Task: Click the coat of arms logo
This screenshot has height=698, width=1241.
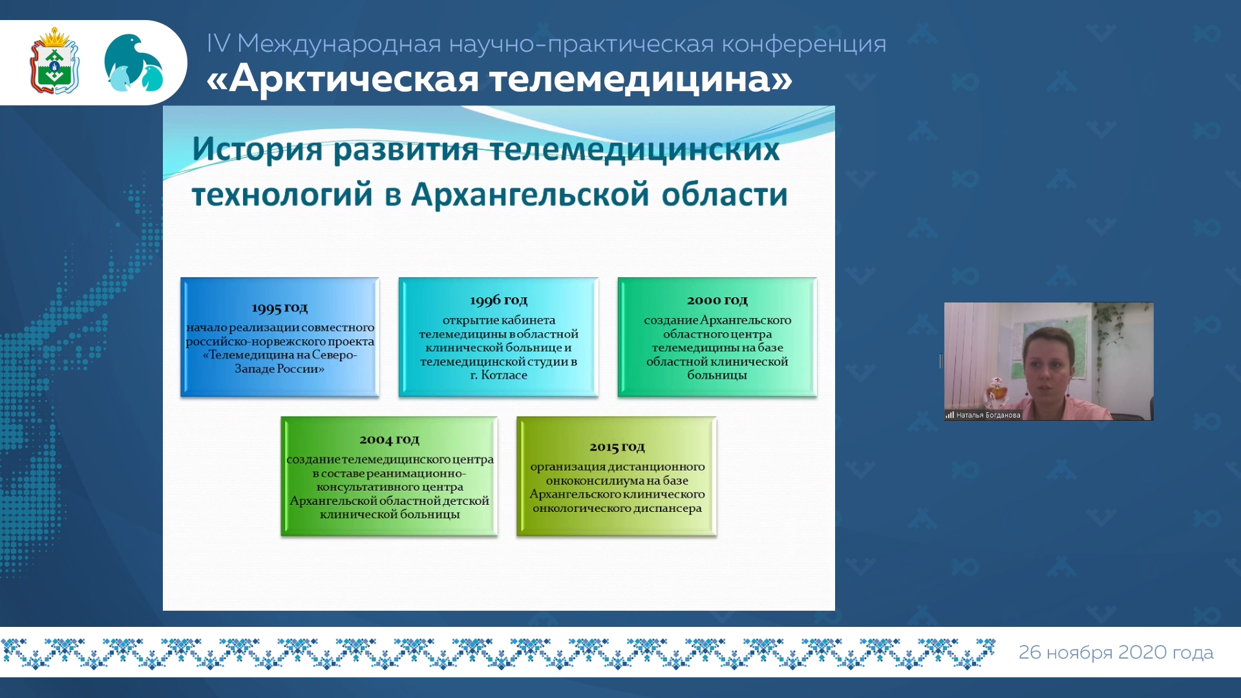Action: (x=54, y=61)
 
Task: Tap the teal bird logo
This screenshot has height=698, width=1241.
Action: (x=134, y=63)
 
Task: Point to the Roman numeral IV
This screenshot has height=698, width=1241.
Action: (x=218, y=43)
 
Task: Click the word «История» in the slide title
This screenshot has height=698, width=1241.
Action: (x=257, y=150)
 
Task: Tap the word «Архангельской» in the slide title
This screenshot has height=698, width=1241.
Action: (x=530, y=195)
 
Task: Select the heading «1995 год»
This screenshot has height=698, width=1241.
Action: (x=280, y=308)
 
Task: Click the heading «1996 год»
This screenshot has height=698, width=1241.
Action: (x=498, y=300)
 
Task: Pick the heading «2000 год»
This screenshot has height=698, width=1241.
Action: (x=717, y=300)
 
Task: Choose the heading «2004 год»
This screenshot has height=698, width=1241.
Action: (x=389, y=439)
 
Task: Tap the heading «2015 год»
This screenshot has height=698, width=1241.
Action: (x=617, y=447)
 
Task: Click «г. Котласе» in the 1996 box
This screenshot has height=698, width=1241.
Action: (x=498, y=375)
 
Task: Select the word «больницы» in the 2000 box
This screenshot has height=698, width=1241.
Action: (x=717, y=375)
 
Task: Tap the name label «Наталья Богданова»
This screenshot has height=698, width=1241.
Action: (x=988, y=416)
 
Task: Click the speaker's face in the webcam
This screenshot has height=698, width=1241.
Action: (x=1048, y=366)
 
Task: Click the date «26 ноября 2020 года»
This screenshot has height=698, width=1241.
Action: (x=1116, y=652)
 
